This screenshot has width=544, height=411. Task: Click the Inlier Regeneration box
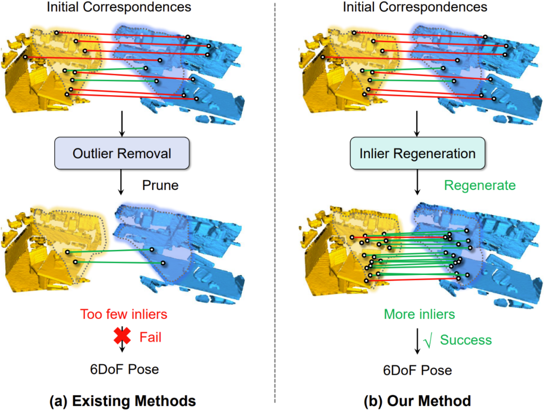tap(417, 153)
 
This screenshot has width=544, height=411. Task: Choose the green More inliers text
tap(419, 315)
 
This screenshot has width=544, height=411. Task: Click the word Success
tap(465, 340)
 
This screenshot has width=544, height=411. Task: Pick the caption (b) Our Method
tap(417, 401)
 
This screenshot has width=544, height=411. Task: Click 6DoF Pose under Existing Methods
tap(124, 369)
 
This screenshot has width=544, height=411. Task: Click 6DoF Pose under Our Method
tap(418, 371)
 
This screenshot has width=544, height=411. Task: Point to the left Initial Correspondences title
tap(119, 8)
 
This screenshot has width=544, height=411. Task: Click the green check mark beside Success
tap(428, 341)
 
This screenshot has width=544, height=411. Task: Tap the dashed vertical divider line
tap(275, 201)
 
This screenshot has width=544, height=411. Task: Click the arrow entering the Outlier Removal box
tap(121, 124)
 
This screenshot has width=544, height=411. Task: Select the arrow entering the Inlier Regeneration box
tap(417, 124)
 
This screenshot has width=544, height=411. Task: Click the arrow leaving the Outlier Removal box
tap(121, 182)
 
